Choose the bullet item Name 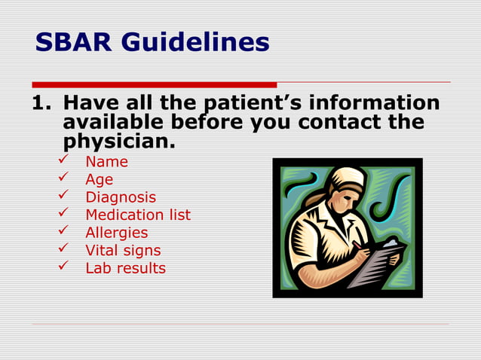(106, 162)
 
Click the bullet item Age (99, 179)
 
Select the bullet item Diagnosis (121, 197)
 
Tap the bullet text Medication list (138, 215)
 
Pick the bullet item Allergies (116, 233)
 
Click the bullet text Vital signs (123, 251)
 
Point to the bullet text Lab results (125, 268)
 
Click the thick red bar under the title (154, 84)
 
